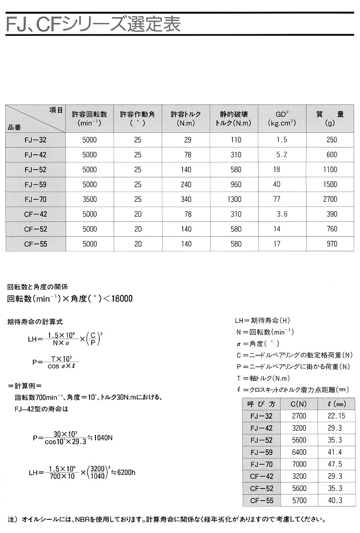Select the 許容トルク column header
[x=186, y=119]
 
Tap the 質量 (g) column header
[x=331, y=119]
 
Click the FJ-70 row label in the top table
[x=35, y=200]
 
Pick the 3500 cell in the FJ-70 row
[x=90, y=200]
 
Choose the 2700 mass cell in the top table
[x=331, y=200]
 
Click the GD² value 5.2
[x=282, y=155]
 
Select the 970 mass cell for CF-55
[x=331, y=244]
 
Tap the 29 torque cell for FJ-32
[x=187, y=140]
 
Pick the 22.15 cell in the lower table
[x=335, y=416]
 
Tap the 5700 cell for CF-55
[x=298, y=500]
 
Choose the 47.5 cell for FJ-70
[x=335, y=464]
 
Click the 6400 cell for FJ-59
[x=298, y=452]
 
